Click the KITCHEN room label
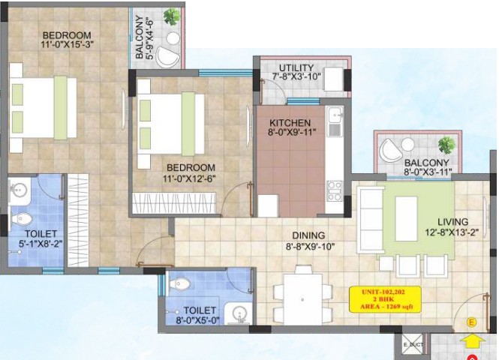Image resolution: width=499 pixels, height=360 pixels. tap(290, 123)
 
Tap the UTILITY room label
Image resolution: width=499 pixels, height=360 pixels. tap(296, 68)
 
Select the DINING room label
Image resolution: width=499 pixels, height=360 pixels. tap(308, 235)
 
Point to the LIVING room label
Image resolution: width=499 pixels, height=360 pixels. tap(453, 222)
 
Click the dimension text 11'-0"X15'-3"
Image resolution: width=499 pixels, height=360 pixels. tap(67, 44)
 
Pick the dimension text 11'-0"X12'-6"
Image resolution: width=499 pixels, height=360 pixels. tap(189, 178)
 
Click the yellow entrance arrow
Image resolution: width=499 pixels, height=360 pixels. tap(472, 342)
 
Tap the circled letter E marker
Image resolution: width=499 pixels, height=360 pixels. tap(471, 322)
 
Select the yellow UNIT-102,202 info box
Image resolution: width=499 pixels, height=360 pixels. tap(385, 299)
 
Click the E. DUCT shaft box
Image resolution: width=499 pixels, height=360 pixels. tap(413, 344)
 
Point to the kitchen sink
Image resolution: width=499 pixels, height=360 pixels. tap(335, 115)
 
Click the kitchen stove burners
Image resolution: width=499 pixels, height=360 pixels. tap(335, 191)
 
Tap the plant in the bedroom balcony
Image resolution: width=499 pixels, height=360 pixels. tap(172, 16)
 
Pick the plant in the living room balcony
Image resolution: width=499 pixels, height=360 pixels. tap(446, 145)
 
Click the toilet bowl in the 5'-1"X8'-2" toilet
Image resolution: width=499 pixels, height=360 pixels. tap(23, 219)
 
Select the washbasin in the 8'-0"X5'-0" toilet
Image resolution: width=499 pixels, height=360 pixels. tap(239, 313)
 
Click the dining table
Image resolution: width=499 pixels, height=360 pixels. tap(302, 299)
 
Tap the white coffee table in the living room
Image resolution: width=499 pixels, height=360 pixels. tap(406, 219)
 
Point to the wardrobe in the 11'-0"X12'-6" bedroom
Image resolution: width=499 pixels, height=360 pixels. tap(174, 203)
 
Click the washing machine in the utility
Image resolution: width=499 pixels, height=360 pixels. tap(334, 79)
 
